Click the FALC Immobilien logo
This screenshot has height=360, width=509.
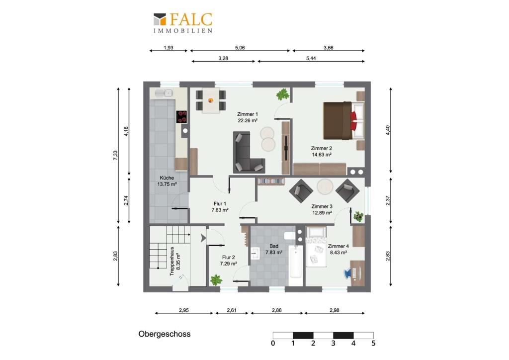point(183,23)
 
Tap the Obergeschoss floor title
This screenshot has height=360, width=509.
point(164,334)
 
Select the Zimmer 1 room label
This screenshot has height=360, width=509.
point(248,114)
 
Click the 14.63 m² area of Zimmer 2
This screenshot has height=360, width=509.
point(322,155)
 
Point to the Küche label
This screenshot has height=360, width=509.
point(167,178)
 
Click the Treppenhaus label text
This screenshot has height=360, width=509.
point(172,262)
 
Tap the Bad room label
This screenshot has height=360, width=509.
point(274,246)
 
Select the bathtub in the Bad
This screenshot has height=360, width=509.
point(295,262)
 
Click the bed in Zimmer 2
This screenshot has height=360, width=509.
point(343,121)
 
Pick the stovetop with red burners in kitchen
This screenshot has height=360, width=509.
point(181,117)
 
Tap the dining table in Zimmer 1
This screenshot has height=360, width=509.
point(211,100)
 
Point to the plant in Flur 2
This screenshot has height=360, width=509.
point(216,279)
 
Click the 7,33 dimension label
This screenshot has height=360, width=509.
point(115,156)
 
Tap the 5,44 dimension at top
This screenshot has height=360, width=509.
point(311,59)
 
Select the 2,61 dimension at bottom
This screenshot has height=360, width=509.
point(232,310)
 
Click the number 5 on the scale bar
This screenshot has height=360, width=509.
point(373,344)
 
